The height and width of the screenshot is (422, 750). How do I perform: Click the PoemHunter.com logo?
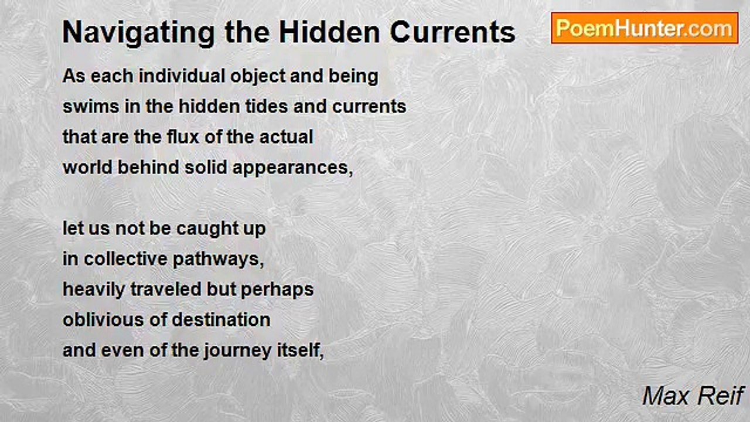[645, 28]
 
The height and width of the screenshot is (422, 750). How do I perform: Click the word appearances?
[292, 168]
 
